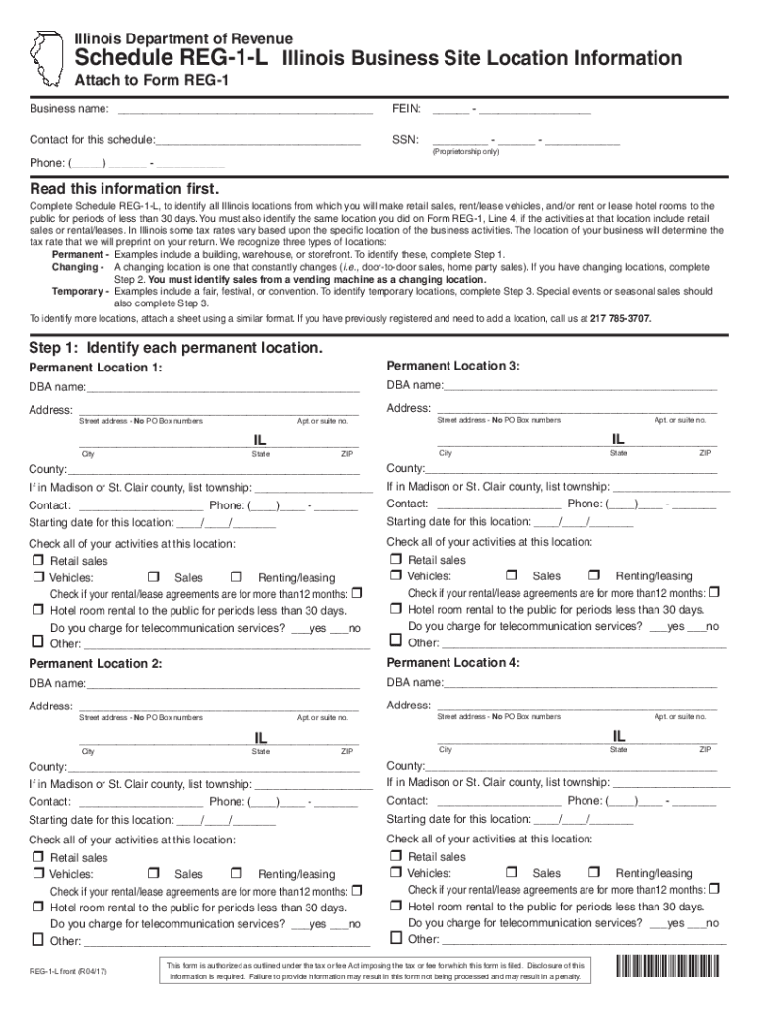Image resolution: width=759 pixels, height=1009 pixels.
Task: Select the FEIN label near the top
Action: [x=406, y=107]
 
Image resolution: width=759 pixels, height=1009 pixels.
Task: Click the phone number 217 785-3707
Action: [x=621, y=318]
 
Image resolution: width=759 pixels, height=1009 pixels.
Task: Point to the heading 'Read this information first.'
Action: [x=124, y=188]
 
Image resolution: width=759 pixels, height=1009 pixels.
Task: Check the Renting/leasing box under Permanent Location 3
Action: [x=594, y=575]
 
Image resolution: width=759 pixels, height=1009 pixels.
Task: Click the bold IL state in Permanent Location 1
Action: [x=252, y=439]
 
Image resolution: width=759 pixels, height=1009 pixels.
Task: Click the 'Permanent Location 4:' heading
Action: [x=453, y=662]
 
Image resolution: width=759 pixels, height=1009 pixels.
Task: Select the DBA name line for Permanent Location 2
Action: [x=222, y=683]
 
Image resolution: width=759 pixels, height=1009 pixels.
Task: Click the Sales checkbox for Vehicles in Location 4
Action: [x=512, y=873]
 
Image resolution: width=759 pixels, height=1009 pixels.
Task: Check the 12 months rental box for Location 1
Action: [x=357, y=593]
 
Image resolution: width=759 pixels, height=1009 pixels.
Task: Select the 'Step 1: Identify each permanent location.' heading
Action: [x=175, y=349]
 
